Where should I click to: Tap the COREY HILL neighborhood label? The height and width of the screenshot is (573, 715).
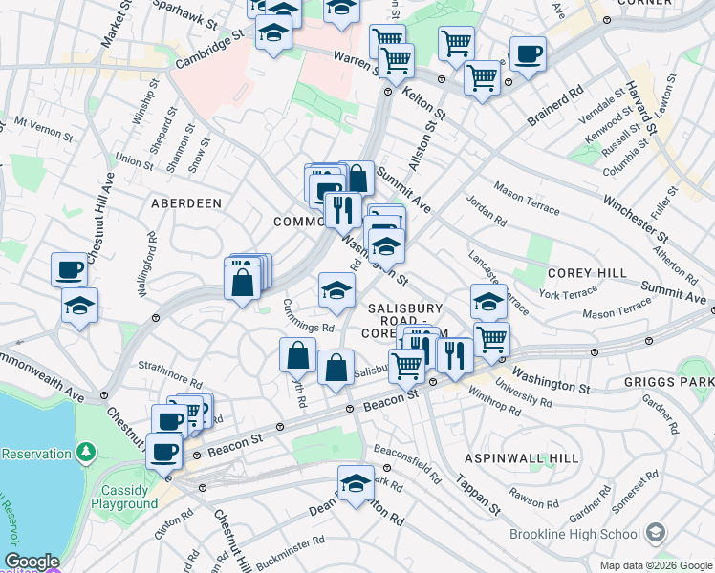pyautogui.click(x=586, y=273)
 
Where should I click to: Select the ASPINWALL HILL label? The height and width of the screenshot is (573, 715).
pyautogui.click(x=521, y=458)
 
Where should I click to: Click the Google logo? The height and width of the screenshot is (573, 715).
pyautogui.click(x=31, y=562)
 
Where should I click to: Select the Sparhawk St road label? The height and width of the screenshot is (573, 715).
pyautogui.click(x=183, y=16)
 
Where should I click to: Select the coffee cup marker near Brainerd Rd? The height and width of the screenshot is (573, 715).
pyautogui.click(x=528, y=54)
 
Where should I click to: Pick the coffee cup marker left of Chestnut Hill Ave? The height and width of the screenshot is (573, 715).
pyautogui.click(x=70, y=270)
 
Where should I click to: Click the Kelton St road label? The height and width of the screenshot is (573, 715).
pyautogui.click(x=427, y=99)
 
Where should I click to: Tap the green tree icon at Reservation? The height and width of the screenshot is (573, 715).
pyautogui.click(x=87, y=450)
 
